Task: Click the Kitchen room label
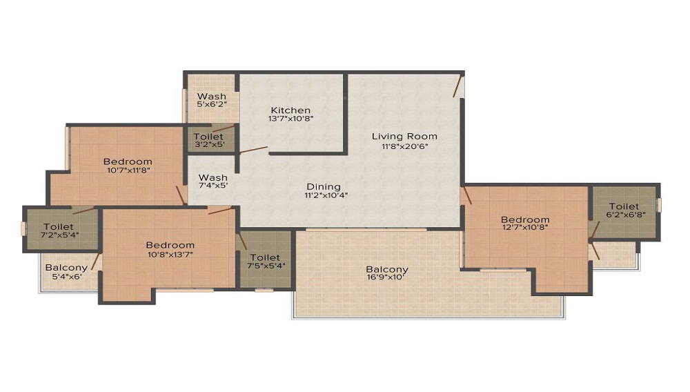coord(290,110)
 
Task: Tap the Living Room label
coord(404,136)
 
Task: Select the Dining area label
coord(324,186)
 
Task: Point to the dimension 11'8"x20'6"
coord(404,146)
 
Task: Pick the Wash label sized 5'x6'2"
coord(212,96)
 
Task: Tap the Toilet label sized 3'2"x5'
coord(208,137)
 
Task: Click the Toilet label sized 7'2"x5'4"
coord(59,226)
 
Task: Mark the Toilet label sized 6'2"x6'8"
coord(624,206)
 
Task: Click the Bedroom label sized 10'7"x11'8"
coord(128,161)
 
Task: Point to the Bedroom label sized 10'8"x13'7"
coord(170,245)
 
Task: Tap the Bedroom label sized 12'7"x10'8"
coord(525,219)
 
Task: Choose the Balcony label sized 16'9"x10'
coord(387,269)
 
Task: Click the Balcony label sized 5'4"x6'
coord(66,267)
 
